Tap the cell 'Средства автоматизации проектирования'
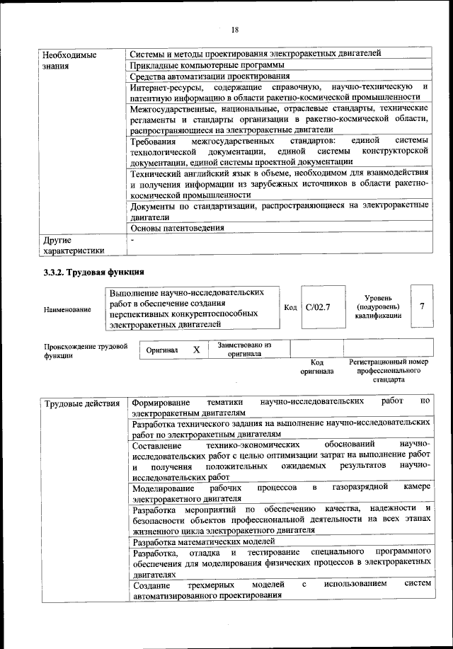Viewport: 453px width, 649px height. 210,76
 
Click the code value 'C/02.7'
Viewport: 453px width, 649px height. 318,307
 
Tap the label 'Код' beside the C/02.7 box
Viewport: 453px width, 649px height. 290,307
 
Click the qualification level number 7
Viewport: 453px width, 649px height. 422,306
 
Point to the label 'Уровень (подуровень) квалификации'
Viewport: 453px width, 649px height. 378,307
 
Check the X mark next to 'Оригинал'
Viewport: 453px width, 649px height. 197,350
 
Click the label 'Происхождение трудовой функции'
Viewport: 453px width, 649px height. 85,351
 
